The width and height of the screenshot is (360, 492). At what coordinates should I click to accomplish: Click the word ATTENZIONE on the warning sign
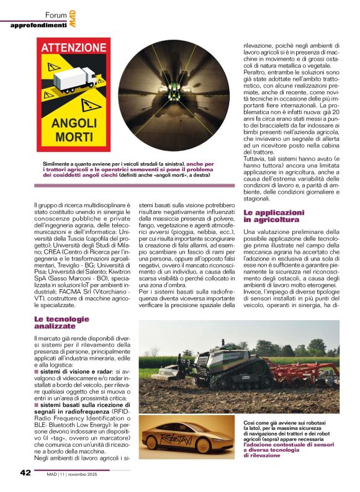click(74, 48)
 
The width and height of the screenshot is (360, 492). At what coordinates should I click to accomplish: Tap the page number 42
click(25, 473)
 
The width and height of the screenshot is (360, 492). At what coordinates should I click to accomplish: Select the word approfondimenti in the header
click(38, 25)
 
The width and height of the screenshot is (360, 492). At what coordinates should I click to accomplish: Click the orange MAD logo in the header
click(74, 19)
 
